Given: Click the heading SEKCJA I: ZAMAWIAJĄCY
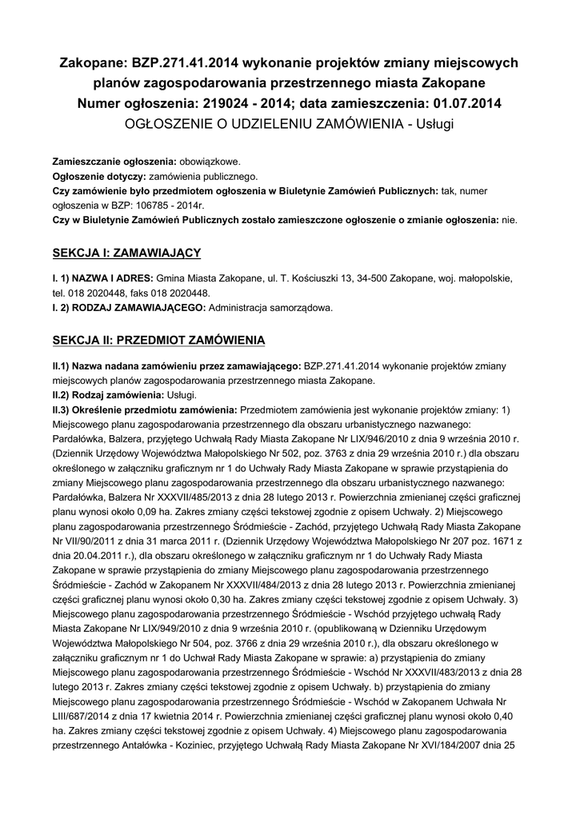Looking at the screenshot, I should pyautogui.click(x=126, y=253).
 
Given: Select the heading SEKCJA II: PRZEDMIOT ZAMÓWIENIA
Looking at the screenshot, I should pyautogui.click(x=158, y=341).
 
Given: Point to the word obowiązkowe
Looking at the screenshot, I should pyautogui.click(x=209, y=161).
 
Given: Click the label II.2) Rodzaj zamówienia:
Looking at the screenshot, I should pyautogui.click(x=107, y=395).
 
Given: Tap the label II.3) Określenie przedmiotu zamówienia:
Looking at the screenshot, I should pyautogui.click(x=144, y=409).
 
